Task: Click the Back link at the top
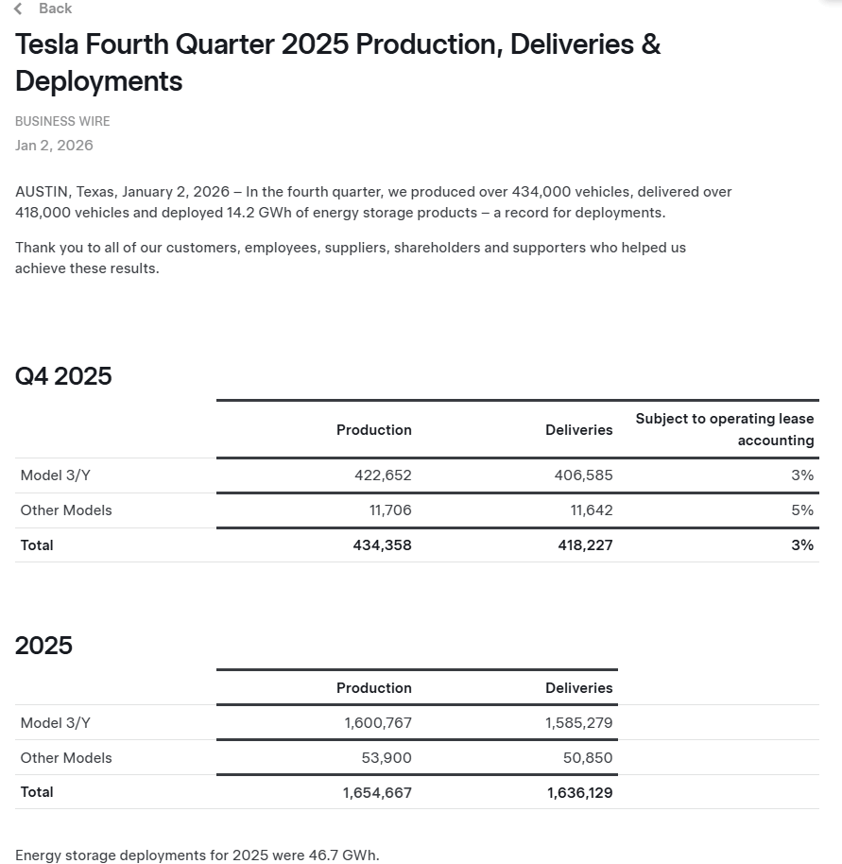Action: coord(54,9)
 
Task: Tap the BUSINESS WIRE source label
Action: coord(62,121)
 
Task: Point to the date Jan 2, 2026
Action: coord(54,146)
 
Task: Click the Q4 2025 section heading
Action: coord(63,376)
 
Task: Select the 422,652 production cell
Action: coord(383,475)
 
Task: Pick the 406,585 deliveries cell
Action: coord(583,475)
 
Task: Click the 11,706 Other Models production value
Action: coord(390,510)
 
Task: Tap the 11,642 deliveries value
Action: coord(591,510)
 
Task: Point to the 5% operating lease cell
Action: coord(802,510)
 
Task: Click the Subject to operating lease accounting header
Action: coord(724,429)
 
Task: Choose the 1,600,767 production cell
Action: coord(378,723)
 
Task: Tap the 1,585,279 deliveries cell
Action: coord(578,723)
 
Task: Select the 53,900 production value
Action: coord(387,758)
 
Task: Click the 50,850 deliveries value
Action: coord(587,758)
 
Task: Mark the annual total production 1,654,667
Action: coord(377,793)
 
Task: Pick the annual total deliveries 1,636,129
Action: coord(579,793)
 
